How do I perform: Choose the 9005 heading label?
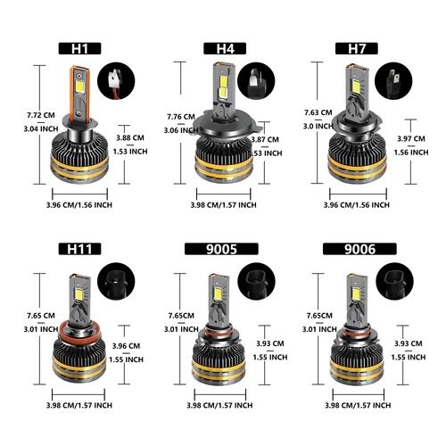(x=223, y=248)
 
